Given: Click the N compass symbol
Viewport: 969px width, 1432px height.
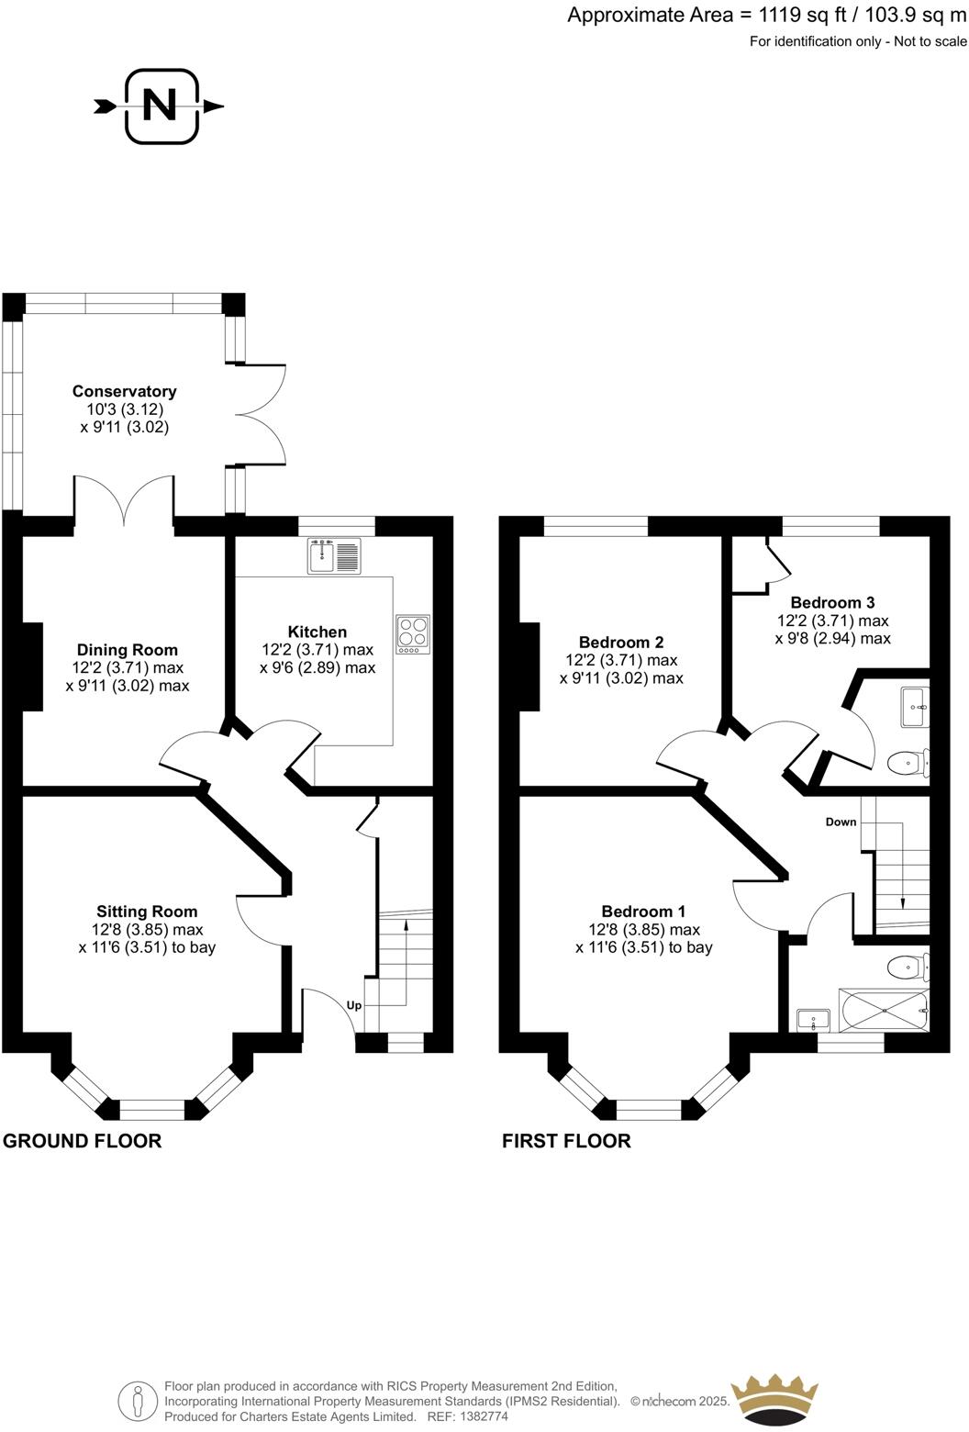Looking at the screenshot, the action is click(161, 106).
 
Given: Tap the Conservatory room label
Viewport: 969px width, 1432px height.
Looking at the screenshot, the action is click(124, 392).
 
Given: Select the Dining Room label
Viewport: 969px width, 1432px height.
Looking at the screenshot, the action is click(127, 651).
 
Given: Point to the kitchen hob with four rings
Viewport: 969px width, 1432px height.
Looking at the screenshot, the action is click(413, 633).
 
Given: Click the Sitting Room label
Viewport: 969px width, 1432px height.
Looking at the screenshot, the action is click(147, 912).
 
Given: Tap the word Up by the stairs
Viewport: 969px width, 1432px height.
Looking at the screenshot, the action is click(354, 1005).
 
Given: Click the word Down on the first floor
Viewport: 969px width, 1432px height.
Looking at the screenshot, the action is click(841, 822).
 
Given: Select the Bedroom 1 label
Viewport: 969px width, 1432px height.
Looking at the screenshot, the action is click(643, 912).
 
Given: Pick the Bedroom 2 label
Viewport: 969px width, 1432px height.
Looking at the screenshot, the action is click(621, 643).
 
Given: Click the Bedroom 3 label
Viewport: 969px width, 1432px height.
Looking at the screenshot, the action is click(832, 603).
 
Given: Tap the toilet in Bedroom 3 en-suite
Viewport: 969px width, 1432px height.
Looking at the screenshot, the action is click(908, 762).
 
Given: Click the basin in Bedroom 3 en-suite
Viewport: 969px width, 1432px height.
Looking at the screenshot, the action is click(915, 707).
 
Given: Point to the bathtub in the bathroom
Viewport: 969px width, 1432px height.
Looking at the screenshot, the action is click(884, 1012).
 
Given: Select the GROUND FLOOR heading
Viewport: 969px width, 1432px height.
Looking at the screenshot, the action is click(83, 1141).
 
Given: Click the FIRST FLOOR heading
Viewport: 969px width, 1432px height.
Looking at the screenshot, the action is click(566, 1141).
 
